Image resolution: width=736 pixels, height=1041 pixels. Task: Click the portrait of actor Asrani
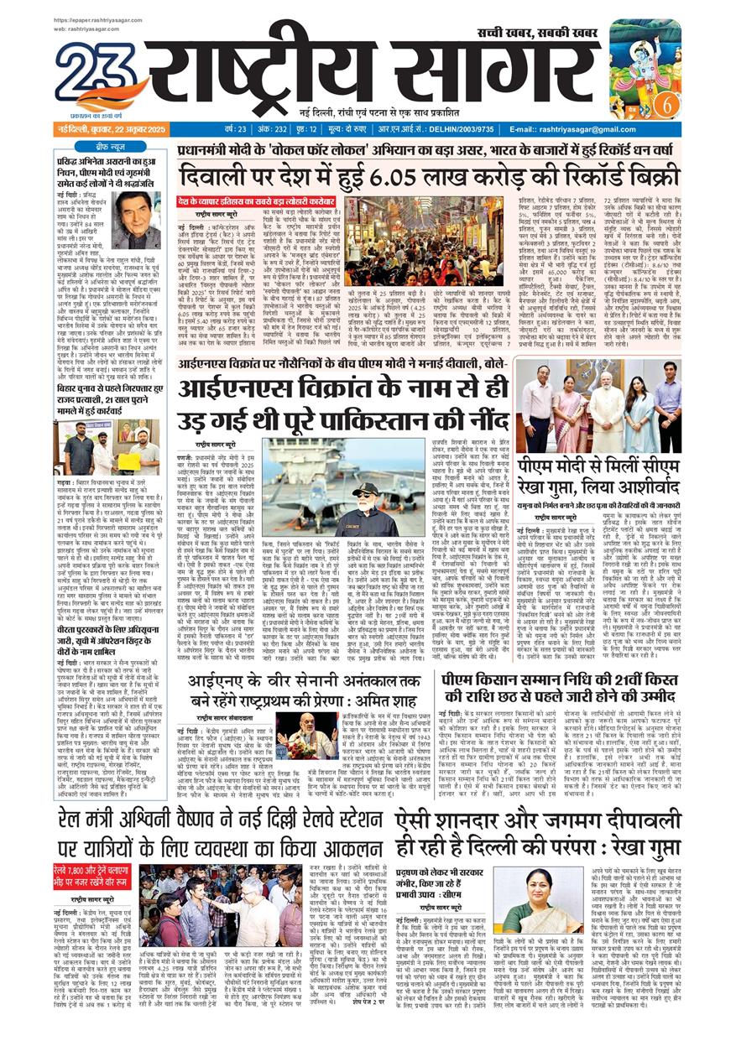coord(137,221)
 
